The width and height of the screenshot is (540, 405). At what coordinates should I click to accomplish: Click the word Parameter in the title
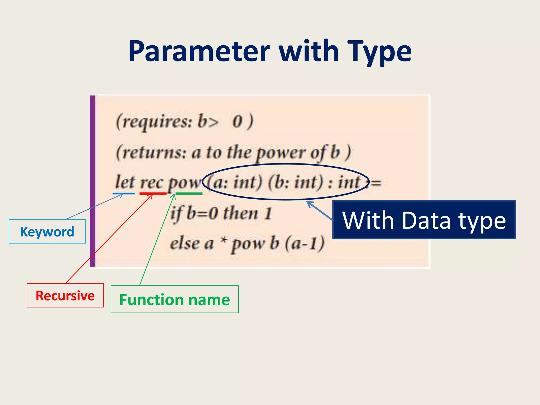point(199,51)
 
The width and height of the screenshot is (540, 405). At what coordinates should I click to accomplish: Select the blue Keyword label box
point(47,232)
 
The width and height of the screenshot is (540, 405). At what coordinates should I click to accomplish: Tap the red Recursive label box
point(65,295)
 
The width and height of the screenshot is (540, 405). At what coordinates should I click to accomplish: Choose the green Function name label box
point(175,299)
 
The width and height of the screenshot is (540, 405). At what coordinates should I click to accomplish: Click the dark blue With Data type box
point(424,220)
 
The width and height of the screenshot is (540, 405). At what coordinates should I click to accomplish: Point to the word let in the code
point(125,182)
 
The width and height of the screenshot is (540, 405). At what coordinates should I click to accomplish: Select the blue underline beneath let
point(124,194)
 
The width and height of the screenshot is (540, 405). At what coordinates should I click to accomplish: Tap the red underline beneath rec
point(153,194)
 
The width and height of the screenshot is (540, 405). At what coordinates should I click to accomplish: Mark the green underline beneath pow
point(189,194)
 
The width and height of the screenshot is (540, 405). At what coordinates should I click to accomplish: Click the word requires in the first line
point(157,122)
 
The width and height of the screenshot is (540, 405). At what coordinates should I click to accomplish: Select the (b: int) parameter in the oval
point(295,182)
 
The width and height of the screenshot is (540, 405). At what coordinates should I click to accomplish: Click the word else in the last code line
point(185,243)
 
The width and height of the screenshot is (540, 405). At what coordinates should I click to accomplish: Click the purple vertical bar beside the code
point(93,181)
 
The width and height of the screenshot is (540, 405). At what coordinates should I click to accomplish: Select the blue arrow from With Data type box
point(320,211)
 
